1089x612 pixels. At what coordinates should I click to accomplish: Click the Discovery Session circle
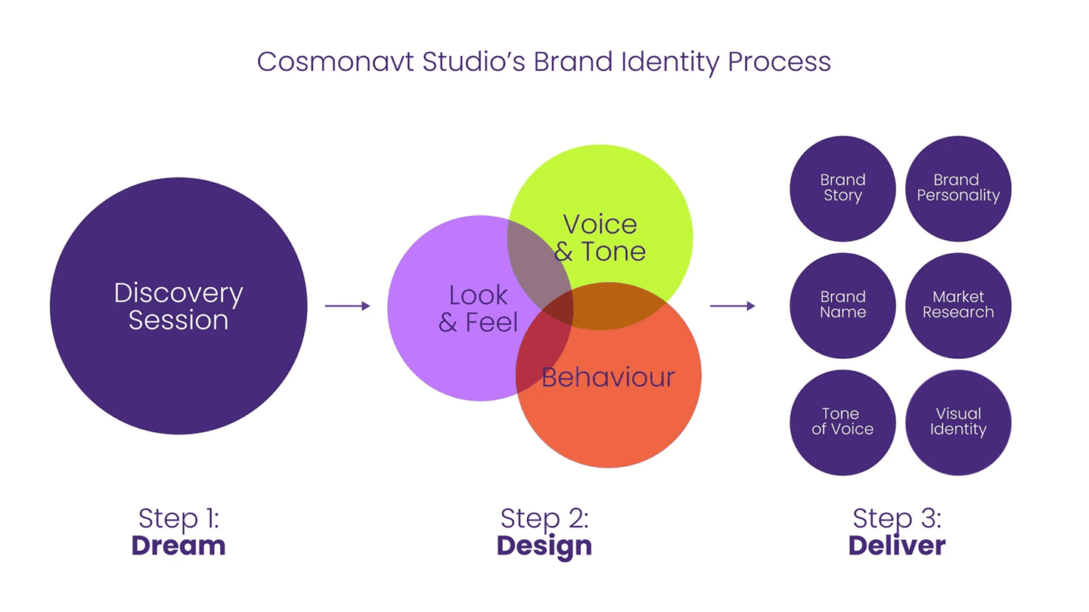tap(178, 306)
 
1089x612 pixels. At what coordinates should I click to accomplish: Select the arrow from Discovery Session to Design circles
tap(347, 306)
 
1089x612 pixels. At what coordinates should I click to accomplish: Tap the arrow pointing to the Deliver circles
tap(732, 306)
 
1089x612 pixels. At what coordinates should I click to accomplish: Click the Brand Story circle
tap(842, 188)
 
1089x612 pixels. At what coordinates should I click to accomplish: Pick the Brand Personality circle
tap(958, 188)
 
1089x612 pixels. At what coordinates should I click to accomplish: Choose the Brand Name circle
tap(842, 304)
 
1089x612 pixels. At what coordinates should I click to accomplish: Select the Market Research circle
tap(958, 304)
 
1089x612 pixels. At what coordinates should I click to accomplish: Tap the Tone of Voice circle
tap(842, 422)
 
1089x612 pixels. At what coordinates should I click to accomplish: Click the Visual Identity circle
tap(958, 422)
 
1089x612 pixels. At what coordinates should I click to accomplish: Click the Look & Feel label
tap(478, 308)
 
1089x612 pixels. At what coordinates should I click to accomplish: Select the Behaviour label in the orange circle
tap(608, 377)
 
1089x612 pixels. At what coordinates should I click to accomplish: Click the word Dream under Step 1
tap(178, 546)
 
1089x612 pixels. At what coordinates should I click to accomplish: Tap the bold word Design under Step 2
tap(544, 546)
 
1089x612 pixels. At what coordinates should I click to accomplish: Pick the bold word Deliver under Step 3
tap(897, 546)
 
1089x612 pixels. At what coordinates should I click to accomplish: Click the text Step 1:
tap(178, 519)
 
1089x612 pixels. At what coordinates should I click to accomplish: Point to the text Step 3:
tap(897, 519)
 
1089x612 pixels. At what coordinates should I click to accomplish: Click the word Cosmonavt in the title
tap(336, 61)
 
